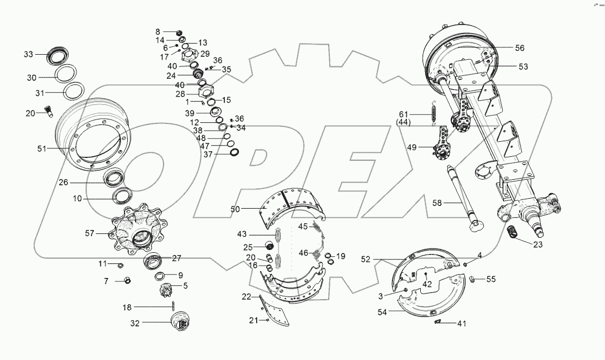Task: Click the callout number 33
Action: pyautogui.click(x=28, y=54)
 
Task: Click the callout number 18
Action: pyautogui.click(x=127, y=307)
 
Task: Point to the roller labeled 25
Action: pyautogui.click(x=268, y=246)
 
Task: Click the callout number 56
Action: pyautogui.click(x=519, y=48)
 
